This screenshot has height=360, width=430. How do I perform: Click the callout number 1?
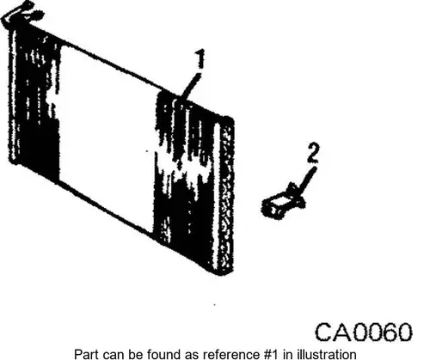pyautogui.click(x=200, y=58)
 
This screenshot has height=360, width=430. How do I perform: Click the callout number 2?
pyautogui.click(x=313, y=153)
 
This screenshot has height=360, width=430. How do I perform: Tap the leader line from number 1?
pyautogui.click(x=189, y=87)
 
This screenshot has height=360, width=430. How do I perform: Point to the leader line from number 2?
pyautogui.click(x=307, y=179)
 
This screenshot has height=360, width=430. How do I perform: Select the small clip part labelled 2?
pyautogui.click(x=283, y=202)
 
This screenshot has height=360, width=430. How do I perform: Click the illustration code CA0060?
pyautogui.click(x=364, y=332)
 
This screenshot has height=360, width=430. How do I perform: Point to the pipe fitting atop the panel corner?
pyautogui.click(x=21, y=15)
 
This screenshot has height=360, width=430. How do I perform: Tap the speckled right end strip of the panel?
pyautogui.click(x=227, y=195)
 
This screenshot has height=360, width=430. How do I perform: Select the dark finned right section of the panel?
pyautogui.click(x=187, y=178)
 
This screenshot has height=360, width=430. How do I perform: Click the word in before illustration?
pyautogui.click(x=287, y=354)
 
